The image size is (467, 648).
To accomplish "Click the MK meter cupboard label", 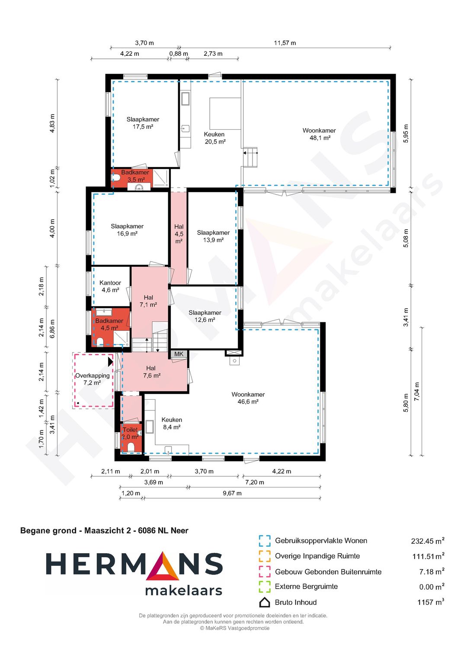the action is [179, 354].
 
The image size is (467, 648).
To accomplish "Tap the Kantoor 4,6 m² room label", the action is [110, 286].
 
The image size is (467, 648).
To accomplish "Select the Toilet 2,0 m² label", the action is [130, 433].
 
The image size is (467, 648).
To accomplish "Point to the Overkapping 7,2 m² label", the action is [92, 379].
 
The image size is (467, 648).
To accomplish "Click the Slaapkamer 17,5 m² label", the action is [143, 123].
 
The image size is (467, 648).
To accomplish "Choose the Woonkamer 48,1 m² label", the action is [319, 134].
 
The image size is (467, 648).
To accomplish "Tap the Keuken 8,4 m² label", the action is [172, 423].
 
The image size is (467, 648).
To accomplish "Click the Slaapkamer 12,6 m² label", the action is [205, 316].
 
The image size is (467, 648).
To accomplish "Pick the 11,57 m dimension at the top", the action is [285, 43].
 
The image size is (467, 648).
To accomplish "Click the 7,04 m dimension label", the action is [417, 391].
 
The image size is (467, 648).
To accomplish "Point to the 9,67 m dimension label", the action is [232, 493].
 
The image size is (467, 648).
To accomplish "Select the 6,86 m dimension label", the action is [52, 329].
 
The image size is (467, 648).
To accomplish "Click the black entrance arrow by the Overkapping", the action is [110, 362].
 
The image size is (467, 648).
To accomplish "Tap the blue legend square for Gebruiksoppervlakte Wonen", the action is [265, 541].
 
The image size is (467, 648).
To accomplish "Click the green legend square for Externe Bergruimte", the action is [265, 587].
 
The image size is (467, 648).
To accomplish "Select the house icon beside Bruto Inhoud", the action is [265, 602].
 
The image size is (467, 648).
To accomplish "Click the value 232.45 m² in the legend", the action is [428, 541].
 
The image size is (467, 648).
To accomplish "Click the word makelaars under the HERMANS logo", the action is [184, 591].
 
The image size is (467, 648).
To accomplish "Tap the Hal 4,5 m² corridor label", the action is [179, 234].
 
